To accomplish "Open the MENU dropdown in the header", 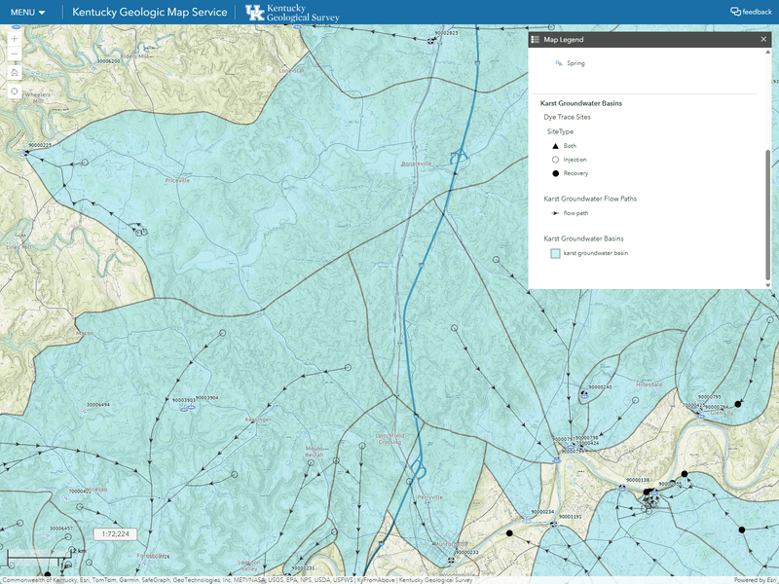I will pyautogui.click(x=27, y=12).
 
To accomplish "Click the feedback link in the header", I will pyautogui.click(x=751, y=12).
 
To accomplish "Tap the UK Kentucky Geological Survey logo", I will pyautogui.click(x=289, y=13).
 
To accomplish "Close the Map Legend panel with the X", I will pyautogui.click(x=763, y=40).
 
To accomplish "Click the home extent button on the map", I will pyautogui.click(x=15, y=72).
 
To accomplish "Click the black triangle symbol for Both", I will pyautogui.click(x=555, y=145).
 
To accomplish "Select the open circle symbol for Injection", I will pyautogui.click(x=555, y=159).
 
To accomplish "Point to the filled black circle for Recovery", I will pyautogui.click(x=555, y=173).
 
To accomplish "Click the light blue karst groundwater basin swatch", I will pyautogui.click(x=555, y=252).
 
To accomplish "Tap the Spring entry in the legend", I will pyautogui.click(x=575, y=63).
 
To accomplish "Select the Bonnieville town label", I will pyautogui.click(x=416, y=164).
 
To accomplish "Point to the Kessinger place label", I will pyautogui.click(x=258, y=420).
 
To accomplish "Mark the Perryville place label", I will pyautogui.click(x=429, y=496).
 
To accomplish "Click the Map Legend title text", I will pyautogui.click(x=564, y=40).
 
